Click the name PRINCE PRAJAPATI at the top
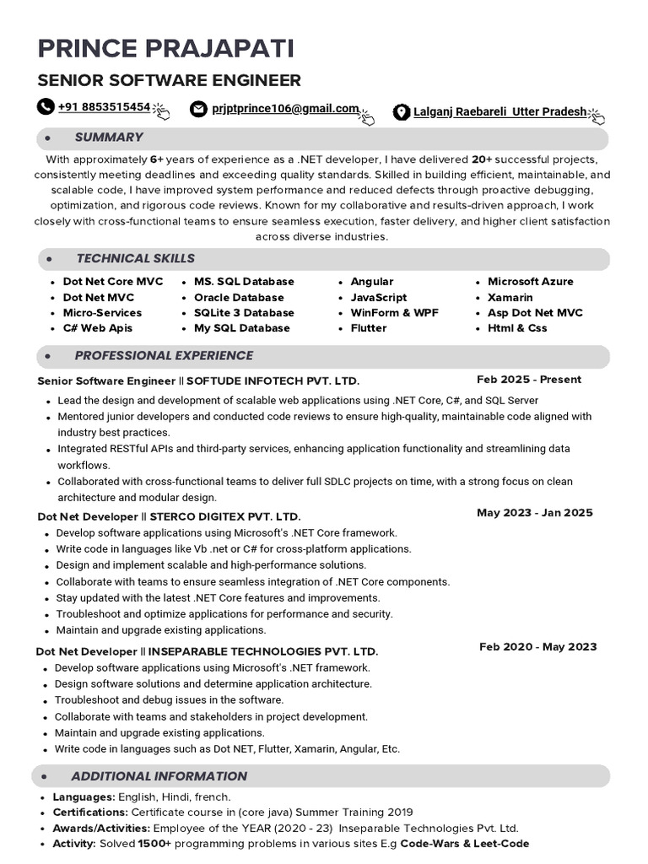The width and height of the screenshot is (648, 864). tap(165, 48)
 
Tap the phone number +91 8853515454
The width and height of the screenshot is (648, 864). tap(104, 107)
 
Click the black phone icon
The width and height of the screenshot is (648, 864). tap(45, 107)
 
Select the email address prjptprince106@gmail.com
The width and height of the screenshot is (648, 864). tap(285, 109)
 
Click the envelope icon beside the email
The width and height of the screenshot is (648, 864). tap(198, 109)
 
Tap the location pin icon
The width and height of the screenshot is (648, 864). tap(402, 111)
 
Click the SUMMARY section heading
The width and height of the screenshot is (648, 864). tap(109, 138)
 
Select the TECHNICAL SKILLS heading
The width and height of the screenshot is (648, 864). tap(135, 259)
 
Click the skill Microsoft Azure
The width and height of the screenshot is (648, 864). tap(530, 282)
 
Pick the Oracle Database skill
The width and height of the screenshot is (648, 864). tap(239, 298)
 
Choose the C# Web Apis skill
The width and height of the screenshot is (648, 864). tap(97, 328)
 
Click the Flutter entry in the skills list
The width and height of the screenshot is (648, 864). tap(369, 328)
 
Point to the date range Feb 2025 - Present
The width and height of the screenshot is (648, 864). tap(529, 380)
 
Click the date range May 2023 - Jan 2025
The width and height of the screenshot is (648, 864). tap(534, 513)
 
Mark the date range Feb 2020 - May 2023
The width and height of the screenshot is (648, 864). tap(537, 647)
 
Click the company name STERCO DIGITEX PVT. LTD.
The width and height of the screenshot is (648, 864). tap(224, 516)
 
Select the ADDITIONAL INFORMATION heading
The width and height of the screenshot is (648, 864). tap(159, 776)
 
